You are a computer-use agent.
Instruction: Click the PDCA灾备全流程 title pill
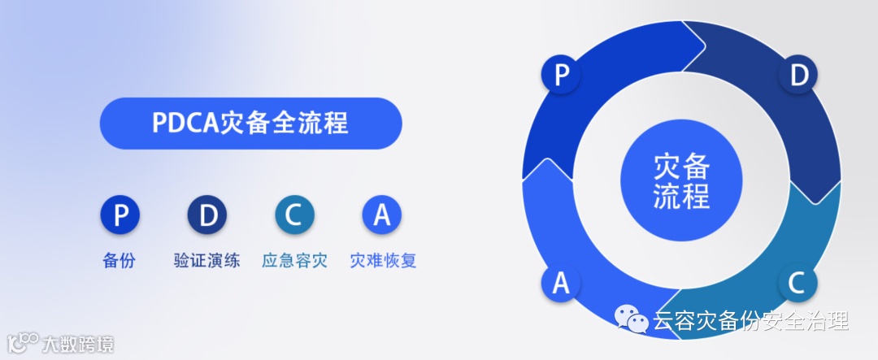tap(250, 124)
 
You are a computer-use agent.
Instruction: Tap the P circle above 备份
tap(120, 216)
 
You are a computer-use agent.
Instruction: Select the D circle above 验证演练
tap(207, 216)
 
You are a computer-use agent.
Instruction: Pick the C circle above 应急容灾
tap(294, 216)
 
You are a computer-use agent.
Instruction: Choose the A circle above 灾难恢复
tap(382, 216)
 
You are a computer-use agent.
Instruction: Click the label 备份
tap(120, 262)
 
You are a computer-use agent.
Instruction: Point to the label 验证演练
tap(207, 262)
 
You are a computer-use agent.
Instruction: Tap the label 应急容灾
tap(294, 262)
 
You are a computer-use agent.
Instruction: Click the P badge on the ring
tap(561, 76)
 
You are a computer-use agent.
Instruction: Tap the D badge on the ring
tap(798, 76)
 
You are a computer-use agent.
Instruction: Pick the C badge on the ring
tap(798, 283)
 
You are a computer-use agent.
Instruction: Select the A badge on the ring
tap(561, 283)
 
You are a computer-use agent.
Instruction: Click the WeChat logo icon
tap(632, 320)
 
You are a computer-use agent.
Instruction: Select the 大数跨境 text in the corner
tap(79, 344)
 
